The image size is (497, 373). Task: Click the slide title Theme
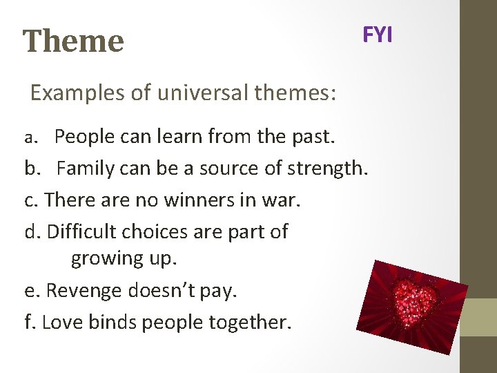[x=73, y=41]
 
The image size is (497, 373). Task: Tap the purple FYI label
[x=378, y=35]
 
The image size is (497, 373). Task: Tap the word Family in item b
[x=86, y=168]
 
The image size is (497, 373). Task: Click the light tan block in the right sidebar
[x=478, y=317]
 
